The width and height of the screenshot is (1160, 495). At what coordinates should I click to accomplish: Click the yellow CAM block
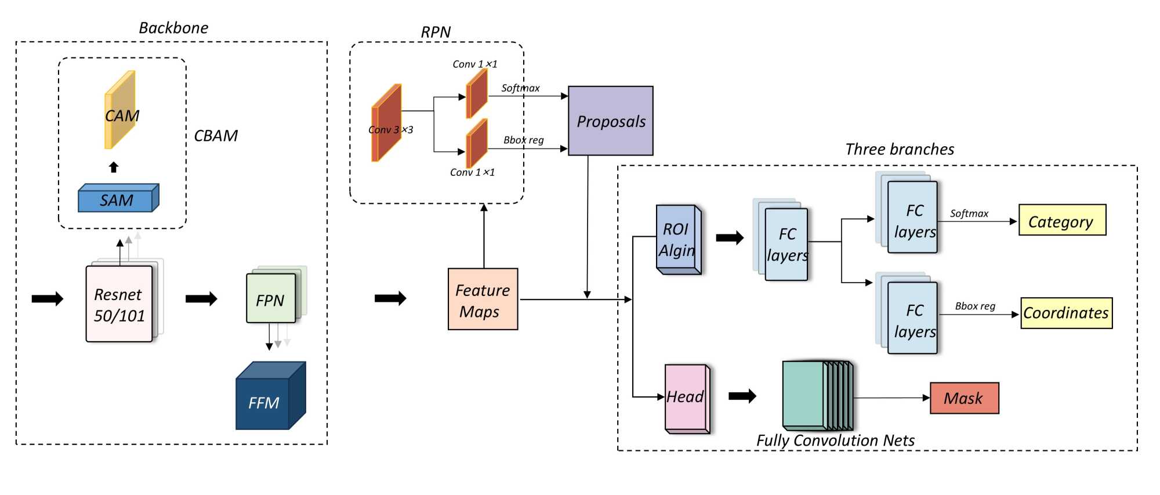click(x=120, y=110)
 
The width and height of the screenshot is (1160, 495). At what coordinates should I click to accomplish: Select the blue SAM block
click(x=118, y=199)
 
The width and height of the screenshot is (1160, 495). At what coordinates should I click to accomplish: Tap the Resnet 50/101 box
click(x=119, y=304)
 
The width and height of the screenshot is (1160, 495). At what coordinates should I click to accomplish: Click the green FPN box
click(x=271, y=298)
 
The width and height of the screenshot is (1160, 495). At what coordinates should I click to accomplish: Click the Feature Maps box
click(x=483, y=299)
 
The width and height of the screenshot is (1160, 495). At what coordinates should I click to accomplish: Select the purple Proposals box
click(x=611, y=121)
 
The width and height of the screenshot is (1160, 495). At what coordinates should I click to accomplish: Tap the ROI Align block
click(x=677, y=239)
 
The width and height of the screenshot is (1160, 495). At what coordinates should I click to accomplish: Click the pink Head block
click(x=686, y=398)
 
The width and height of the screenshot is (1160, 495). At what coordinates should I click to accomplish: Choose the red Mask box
click(x=964, y=398)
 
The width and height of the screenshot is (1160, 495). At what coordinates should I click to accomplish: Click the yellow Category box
click(x=1062, y=221)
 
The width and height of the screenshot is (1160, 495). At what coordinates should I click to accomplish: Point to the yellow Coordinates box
click(x=1066, y=313)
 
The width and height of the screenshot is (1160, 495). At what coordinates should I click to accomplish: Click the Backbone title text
click(x=173, y=28)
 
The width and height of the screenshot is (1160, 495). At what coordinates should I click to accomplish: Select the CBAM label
click(x=216, y=136)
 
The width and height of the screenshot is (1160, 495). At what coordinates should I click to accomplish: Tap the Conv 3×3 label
click(x=390, y=130)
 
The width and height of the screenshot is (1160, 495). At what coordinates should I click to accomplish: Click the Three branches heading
click(x=900, y=149)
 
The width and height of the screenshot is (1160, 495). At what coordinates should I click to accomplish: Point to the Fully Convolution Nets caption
click(x=835, y=440)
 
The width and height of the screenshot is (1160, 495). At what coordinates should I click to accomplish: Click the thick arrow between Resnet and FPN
click(x=201, y=299)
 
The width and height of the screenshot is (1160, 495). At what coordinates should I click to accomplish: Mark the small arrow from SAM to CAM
click(x=114, y=167)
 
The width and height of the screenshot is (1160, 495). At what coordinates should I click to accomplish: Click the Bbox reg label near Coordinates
click(x=975, y=306)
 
